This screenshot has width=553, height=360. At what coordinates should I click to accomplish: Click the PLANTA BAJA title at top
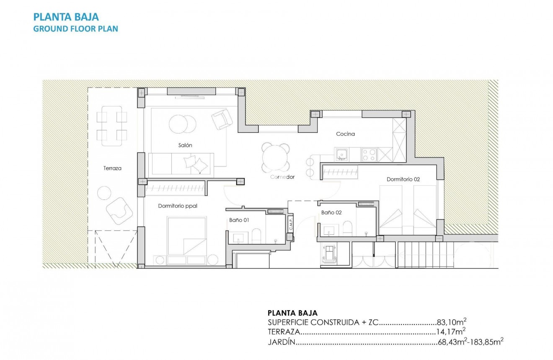tap(66, 17)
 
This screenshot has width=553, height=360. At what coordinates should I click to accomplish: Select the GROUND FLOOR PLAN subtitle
tap(75, 29)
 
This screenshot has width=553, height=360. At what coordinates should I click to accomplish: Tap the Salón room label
tap(185, 145)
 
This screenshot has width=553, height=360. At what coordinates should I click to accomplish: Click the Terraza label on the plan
tap(112, 168)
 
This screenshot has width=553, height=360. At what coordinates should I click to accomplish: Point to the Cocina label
tap(345, 134)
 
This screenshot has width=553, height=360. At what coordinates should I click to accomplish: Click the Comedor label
tap(282, 177)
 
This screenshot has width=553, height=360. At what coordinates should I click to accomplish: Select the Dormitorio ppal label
tap(178, 206)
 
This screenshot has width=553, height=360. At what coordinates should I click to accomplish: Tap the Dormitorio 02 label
tap(403, 179)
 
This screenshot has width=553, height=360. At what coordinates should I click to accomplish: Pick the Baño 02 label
tap(331, 212)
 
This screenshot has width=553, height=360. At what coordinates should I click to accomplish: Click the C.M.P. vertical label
tap(290, 225)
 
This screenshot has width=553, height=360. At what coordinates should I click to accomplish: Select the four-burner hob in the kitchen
tap(369, 155)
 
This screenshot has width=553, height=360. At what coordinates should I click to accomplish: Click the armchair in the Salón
tap(222, 119)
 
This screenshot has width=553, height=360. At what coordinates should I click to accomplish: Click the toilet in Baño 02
tap(348, 229)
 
